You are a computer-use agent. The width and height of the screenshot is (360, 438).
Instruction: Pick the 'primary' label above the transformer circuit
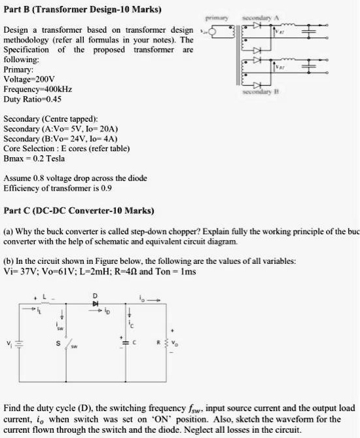click(216, 18)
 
